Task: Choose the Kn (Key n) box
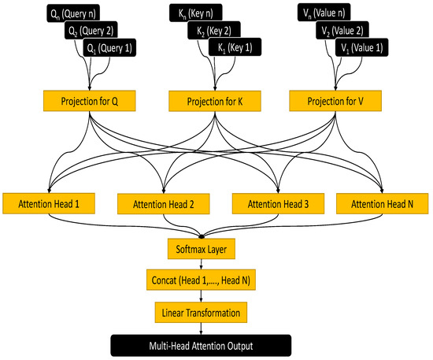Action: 196,13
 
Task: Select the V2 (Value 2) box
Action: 346,32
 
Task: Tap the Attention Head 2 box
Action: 163,202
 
